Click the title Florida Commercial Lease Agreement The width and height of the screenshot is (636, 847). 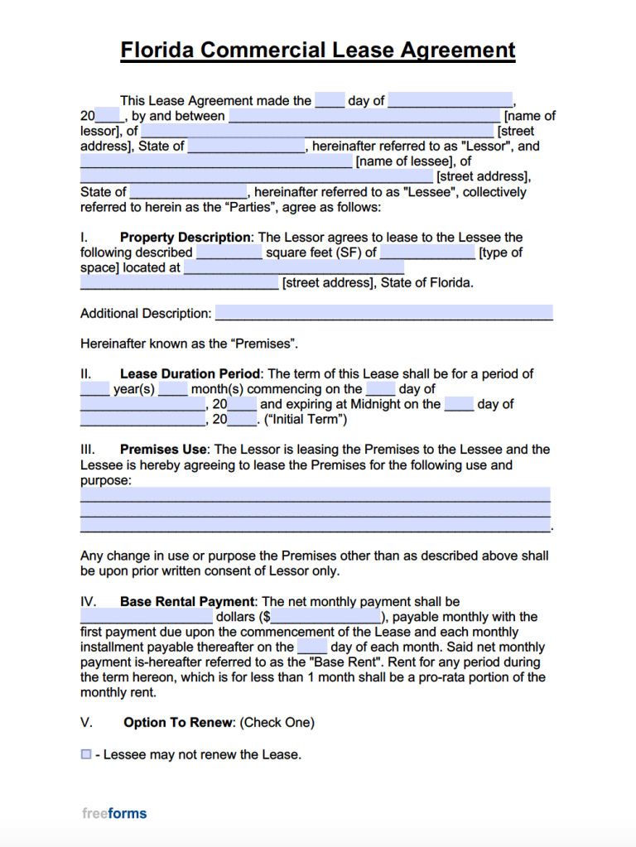(x=318, y=51)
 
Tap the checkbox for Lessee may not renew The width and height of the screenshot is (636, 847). (x=86, y=754)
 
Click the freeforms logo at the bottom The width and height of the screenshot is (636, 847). (x=114, y=813)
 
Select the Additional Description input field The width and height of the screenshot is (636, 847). (x=383, y=313)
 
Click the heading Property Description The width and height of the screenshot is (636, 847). (x=185, y=237)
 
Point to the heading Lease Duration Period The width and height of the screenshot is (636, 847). (x=190, y=373)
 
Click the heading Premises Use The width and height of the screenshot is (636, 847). (x=163, y=450)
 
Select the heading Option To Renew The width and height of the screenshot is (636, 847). (x=179, y=722)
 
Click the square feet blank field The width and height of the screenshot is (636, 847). (x=229, y=253)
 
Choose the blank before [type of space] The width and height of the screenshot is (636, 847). (x=427, y=253)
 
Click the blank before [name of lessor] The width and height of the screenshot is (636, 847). (x=364, y=116)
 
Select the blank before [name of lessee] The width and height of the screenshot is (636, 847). (x=216, y=161)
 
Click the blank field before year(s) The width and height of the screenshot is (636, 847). (x=94, y=388)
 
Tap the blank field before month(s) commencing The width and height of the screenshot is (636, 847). (x=173, y=388)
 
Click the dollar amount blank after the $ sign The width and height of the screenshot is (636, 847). (x=325, y=617)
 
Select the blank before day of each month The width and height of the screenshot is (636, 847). (x=312, y=647)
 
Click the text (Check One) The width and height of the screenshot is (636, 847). (x=277, y=722)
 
